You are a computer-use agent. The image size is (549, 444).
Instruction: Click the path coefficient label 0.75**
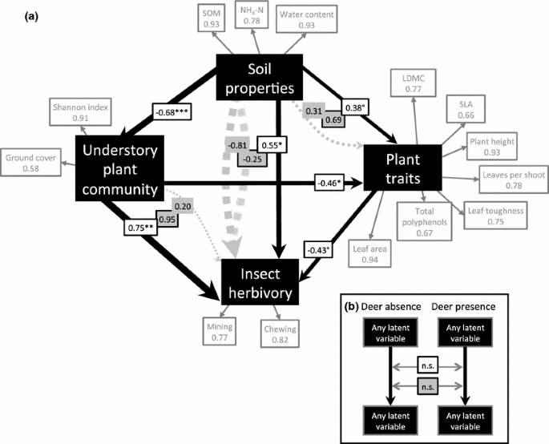143,228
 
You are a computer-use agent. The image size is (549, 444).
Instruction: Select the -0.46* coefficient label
334,183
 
